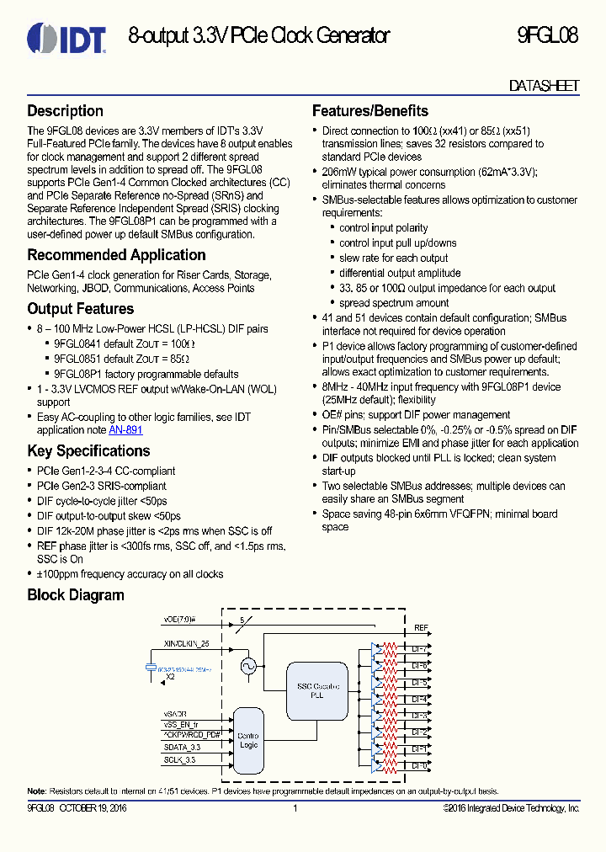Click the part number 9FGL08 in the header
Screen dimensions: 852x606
pos(547,36)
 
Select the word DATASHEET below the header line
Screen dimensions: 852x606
pos(544,86)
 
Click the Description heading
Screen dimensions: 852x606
pos(66,111)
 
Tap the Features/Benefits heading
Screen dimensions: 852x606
pos(370,111)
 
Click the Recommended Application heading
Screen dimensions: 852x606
pos(116,255)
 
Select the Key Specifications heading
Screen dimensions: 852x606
pos(88,451)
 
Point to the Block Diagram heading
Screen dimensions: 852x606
pos(76,595)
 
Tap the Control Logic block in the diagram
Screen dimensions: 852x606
pos(247,740)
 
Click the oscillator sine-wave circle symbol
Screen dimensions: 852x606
pos(248,666)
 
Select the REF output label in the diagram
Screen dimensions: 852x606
pos(421,629)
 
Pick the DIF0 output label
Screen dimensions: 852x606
pos(419,765)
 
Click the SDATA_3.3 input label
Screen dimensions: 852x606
pos(182,747)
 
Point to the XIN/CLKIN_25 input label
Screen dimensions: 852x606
pos(187,642)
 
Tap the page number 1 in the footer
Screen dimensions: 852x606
pos(295,808)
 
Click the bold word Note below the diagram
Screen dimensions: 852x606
pos(36,791)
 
